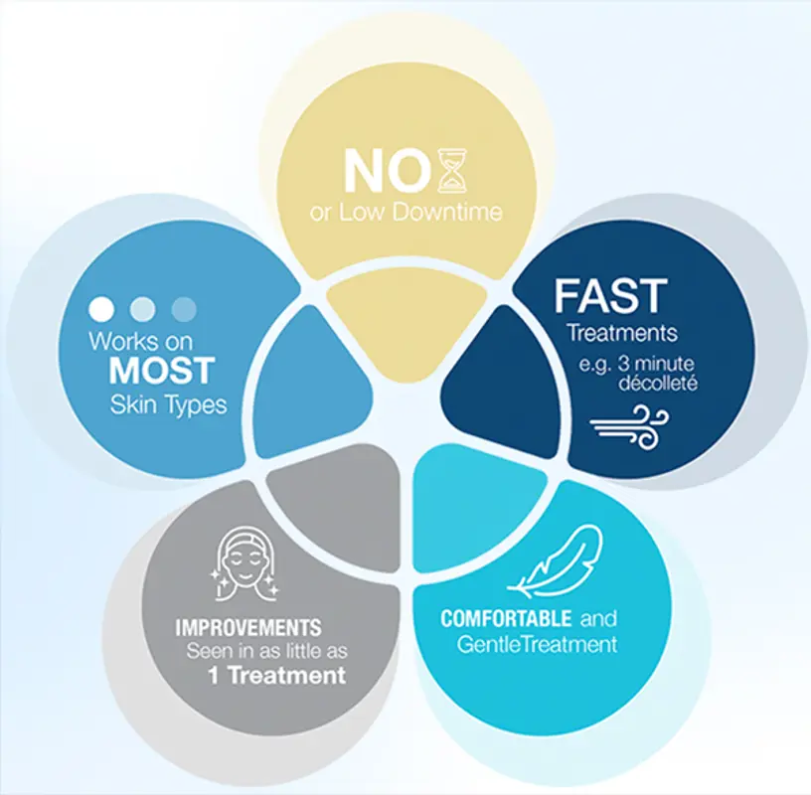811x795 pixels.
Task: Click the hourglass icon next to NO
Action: (451, 172)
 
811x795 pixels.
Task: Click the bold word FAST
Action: (610, 296)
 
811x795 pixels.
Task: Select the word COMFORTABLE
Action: (506, 618)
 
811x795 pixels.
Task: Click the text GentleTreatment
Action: (537, 644)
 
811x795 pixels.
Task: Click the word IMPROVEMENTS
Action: (248, 628)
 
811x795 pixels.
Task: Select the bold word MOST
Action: (161, 371)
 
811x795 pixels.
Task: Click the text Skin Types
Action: (168, 404)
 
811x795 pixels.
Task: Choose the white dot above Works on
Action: (101, 309)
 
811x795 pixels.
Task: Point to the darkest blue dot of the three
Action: (184, 309)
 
